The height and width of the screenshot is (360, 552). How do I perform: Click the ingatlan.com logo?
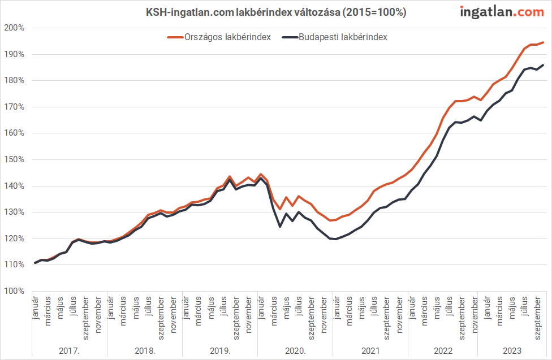coord(502,11)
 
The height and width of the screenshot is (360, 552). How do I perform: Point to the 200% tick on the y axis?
coord(13,28)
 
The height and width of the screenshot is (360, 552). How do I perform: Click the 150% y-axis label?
coord(13,159)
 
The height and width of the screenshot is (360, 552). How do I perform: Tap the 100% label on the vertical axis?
coord(13,291)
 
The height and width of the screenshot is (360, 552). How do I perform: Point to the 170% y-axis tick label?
coord(13,107)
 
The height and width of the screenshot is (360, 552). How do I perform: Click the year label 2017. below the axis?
coord(69,351)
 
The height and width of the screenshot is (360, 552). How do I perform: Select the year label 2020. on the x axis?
coord(295,351)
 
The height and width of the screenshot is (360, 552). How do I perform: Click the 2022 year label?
coord(443,351)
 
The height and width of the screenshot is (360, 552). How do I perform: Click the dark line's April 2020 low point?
coord(279,227)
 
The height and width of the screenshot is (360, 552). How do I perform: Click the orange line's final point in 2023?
coord(544,42)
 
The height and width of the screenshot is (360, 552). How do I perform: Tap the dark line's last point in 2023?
coord(544,64)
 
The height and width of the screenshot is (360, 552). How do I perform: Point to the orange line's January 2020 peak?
coord(260,174)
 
